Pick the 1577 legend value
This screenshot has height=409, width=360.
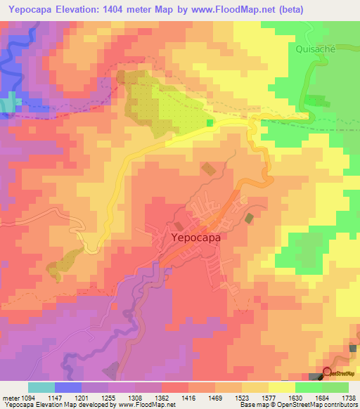tap(269, 397)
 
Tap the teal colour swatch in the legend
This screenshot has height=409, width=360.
tap(41, 387)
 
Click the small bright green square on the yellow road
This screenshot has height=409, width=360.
tap(210, 123)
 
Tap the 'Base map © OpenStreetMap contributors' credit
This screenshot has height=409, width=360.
tap(298, 405)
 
